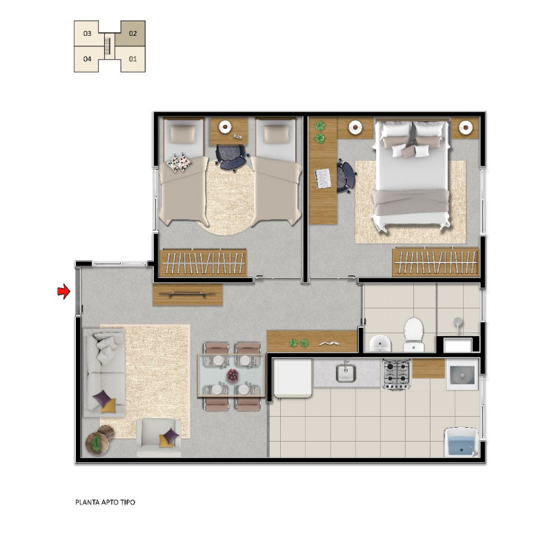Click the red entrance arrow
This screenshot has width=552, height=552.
64,291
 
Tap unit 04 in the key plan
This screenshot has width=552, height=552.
87,59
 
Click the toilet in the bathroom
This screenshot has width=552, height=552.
413,335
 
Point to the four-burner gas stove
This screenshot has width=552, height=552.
397,374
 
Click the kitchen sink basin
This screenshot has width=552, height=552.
346,373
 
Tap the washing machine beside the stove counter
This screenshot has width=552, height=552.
462,374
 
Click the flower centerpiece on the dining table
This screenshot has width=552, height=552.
233,375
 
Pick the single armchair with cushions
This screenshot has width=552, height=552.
159,437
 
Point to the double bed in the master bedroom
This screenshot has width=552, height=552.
411,175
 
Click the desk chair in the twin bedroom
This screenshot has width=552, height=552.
230,157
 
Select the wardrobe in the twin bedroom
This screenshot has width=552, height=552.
203,263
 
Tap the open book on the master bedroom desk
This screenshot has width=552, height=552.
323,178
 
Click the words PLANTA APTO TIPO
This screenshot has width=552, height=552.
105,502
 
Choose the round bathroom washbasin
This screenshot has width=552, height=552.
380,343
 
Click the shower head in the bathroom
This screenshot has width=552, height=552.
457,322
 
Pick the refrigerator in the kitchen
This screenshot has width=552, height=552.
293,378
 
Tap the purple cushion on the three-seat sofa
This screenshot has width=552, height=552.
102,397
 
